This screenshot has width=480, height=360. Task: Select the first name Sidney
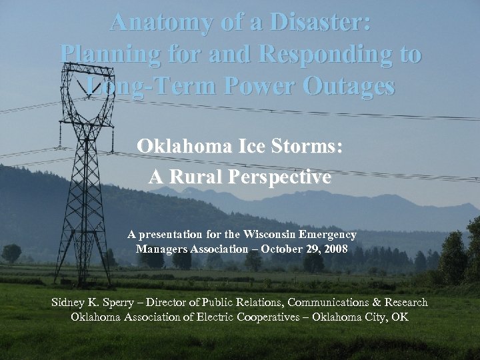71,303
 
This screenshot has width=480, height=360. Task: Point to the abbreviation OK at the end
400,317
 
